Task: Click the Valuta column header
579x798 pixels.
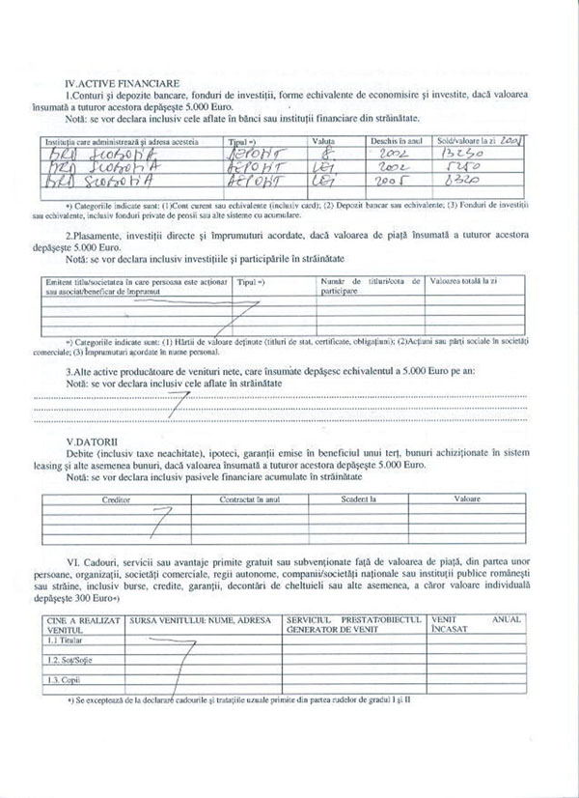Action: point(324,141)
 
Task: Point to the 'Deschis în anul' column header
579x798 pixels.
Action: point(395,141)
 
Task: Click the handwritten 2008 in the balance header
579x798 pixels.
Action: point(510,140)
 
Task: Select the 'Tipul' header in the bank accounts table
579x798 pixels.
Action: point(249,141)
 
